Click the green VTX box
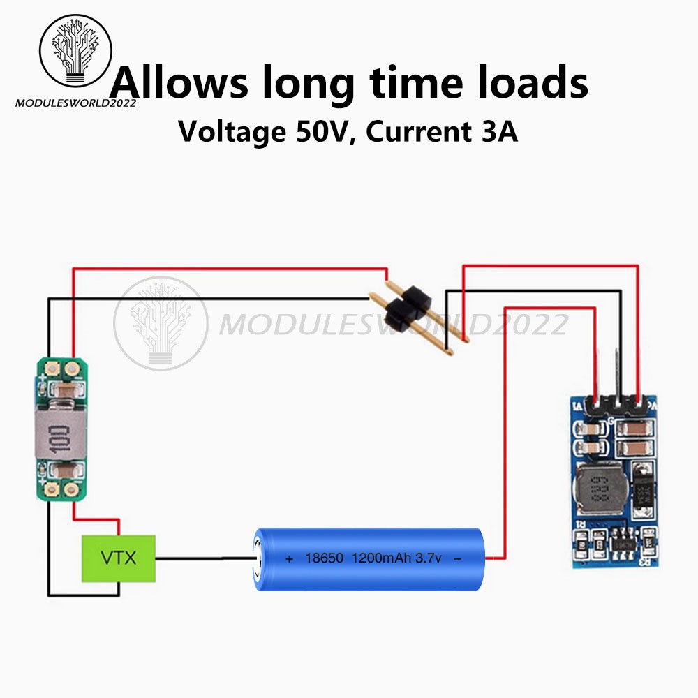tap(119, 558)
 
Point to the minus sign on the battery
tap(458, 559)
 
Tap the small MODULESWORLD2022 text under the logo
tap(75, 103)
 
